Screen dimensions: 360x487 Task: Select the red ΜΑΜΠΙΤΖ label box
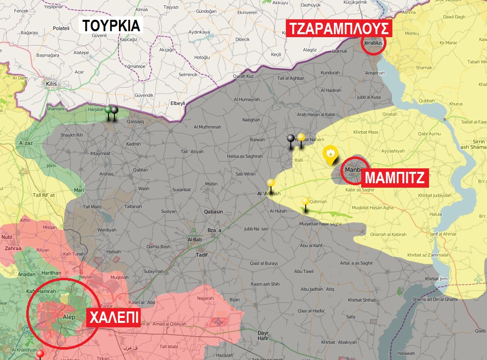click(x=395, y=178)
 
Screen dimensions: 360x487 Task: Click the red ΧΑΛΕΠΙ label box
click(x=113, y=317)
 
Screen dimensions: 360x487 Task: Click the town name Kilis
click(x=51, y=84)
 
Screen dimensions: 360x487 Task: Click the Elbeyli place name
click(x=177, y=104)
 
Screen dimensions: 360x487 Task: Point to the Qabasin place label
click(x=214, y=211)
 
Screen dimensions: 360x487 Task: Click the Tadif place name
click(x=202, y=255)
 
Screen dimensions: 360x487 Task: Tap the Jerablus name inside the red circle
click(x=374, y=43)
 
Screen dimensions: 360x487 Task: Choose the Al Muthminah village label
click(x=207, y=127)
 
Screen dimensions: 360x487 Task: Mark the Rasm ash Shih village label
click(x=265, y=284)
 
